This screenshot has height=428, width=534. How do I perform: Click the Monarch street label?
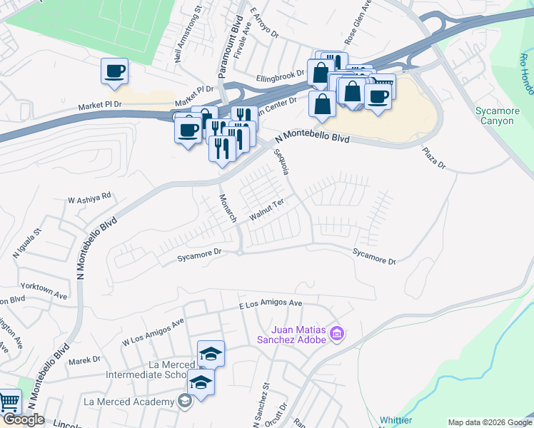(228, 208)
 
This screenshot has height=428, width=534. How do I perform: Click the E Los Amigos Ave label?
(270, 304)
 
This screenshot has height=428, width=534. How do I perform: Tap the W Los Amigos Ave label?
(153, 331)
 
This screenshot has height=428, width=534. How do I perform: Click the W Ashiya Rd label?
(89, 197)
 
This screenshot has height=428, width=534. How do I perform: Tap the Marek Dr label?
(84, 361)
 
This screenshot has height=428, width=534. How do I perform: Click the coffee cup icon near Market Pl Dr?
(114, 71)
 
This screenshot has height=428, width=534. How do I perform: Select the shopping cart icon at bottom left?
(9, 403)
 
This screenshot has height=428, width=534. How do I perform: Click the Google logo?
(24, 419)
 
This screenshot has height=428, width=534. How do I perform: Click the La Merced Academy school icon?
(186, 402)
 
